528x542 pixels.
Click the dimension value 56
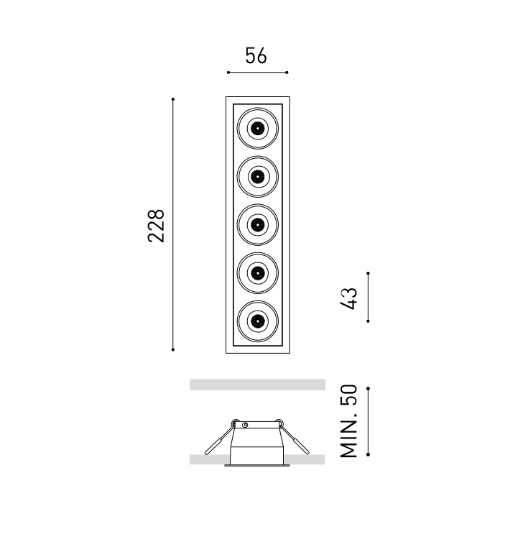[256, 55]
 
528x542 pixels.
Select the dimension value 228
[156, 226]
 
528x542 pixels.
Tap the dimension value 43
[348, 298]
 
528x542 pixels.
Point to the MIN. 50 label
[348, 421]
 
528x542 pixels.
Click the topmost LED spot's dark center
[257, 128]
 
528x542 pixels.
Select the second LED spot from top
[257, 177]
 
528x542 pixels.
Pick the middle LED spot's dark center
[257, 225]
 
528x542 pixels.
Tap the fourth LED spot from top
[257, 273]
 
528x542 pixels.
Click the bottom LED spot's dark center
[257, 321]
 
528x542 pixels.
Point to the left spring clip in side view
[219, 438]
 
